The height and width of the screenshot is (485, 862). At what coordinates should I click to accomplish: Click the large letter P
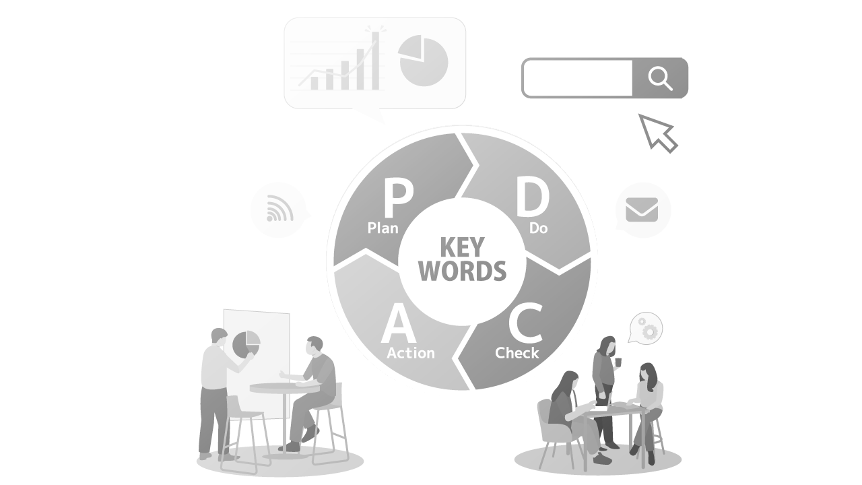click(x=398, y=197)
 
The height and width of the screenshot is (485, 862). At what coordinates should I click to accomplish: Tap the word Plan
click(x=383, y=228)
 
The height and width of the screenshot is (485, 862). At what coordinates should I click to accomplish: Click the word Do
click(x=538, y=228)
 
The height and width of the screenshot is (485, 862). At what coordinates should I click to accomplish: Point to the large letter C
click(x=525, y=324)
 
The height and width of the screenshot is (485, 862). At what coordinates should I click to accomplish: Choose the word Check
click(x=517, y=353)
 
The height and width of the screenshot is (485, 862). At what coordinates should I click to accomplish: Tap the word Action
click(x=411, y=353)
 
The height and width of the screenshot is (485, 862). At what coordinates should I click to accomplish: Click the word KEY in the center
click(x=462, y=248)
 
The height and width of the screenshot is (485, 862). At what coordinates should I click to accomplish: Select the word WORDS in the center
click(x=462, y=271)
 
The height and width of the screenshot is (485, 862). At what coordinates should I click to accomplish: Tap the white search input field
click(x=578, y=78)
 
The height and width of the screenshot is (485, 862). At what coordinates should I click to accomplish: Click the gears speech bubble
click(x=647, y=329)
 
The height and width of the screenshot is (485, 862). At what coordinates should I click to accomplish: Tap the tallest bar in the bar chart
click(x=375, y=61)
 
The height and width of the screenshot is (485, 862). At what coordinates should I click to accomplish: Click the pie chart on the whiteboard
click(x=246, y=344)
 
